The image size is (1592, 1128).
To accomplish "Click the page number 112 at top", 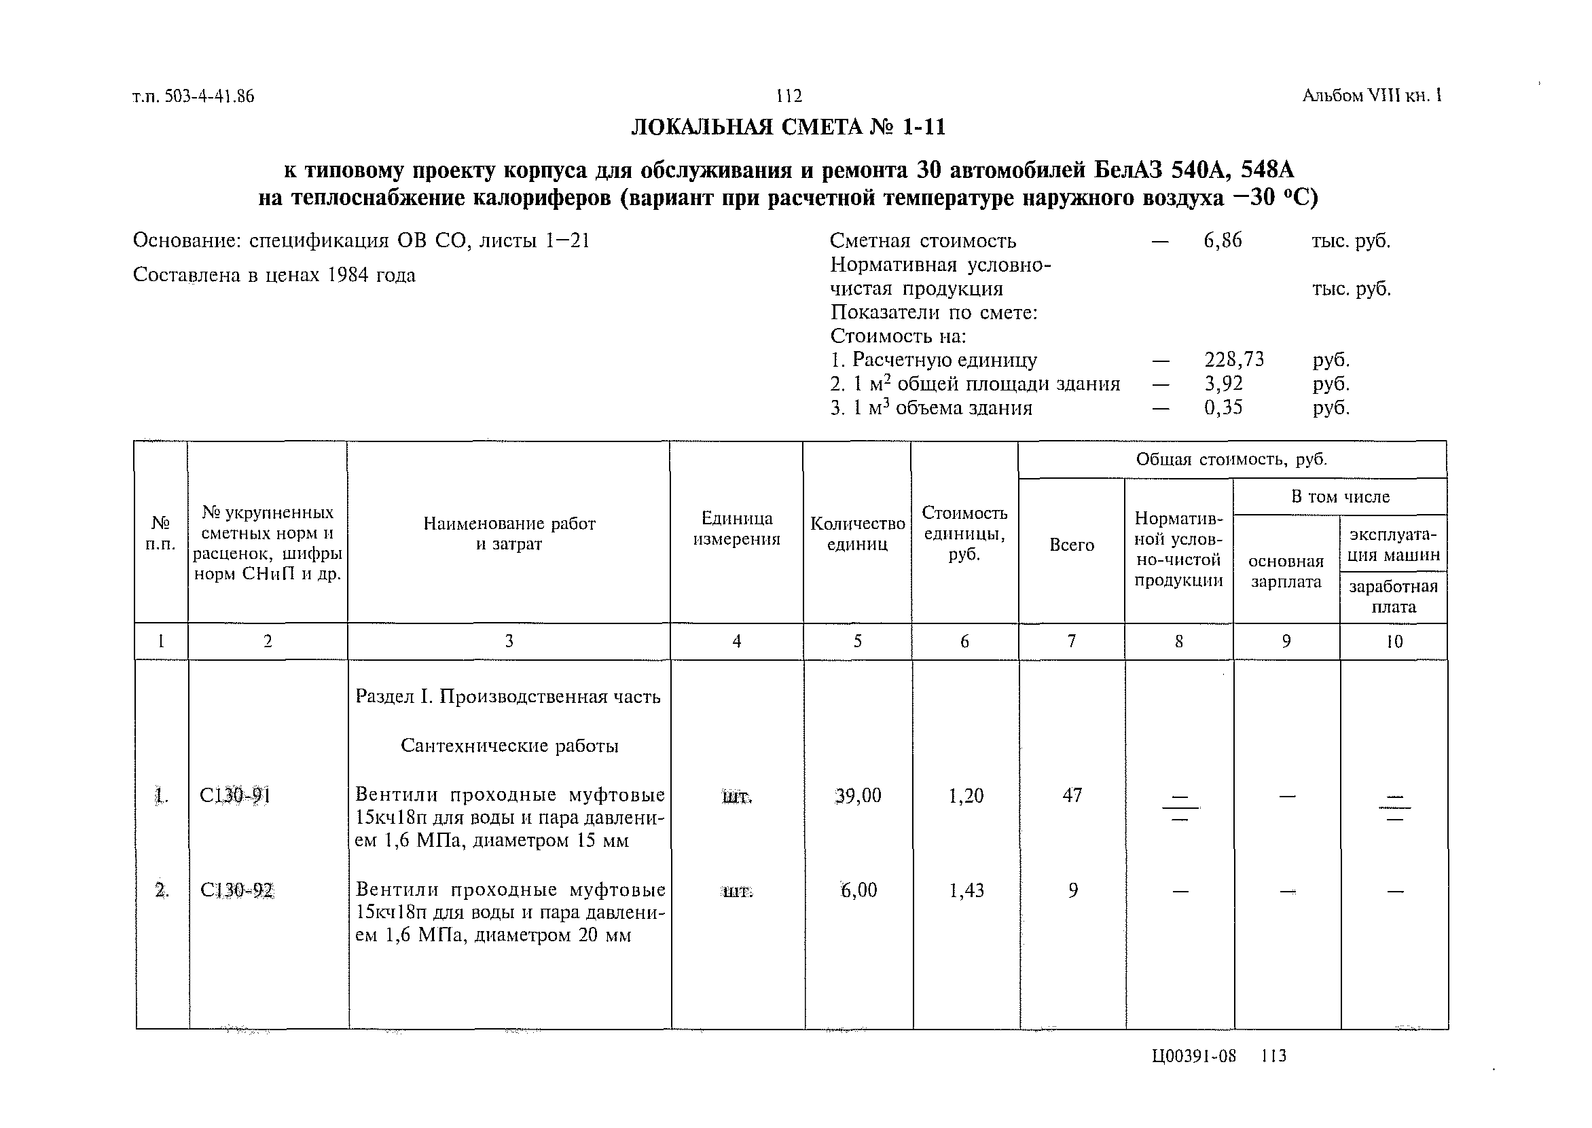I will (x=789, y=96).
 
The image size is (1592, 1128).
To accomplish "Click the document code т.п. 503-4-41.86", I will (x=193, y=96).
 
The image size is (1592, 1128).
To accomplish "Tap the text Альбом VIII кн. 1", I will (x=1372, y=95).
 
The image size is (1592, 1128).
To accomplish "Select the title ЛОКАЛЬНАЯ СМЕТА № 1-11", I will (x=789, y=127).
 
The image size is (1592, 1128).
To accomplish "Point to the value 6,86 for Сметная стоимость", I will (x=1223, y=241).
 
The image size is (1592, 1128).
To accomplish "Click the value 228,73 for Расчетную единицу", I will (x=1233, y=359).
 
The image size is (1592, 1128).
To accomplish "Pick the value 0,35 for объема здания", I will (x=1223, y=407).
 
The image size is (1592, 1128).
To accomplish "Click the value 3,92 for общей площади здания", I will (x=1223, y=384).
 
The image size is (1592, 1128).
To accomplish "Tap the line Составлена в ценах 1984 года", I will (x=274, y=275).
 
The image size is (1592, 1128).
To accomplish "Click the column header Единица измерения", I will (x=736, y=528).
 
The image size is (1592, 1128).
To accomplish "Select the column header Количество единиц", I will (x=857, y=533).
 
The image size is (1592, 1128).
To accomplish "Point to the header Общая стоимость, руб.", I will (x=1231, y=459).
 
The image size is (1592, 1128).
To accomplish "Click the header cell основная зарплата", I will (x=1286, y=571).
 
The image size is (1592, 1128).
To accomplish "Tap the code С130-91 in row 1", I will (x=235, y=795).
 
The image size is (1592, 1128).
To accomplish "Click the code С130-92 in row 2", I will (x=236, y=890).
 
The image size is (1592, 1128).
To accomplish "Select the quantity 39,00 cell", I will (x=858, y=795).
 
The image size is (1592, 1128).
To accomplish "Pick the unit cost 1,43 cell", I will (x=966, y=890).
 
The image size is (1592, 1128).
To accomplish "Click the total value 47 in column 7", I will (x=1072, y=795).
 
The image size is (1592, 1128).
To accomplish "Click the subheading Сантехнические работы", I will (x=509, y=746).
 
